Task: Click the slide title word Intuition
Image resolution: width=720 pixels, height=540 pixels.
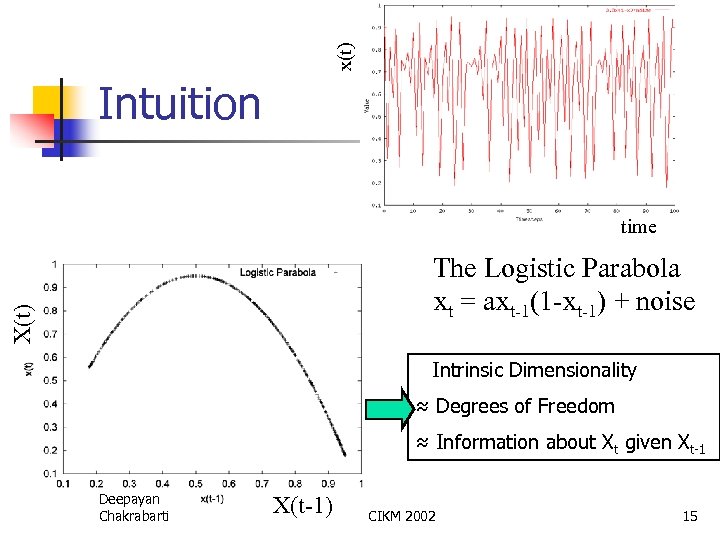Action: pos(180,103)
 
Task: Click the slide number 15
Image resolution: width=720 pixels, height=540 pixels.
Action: pos(689,516)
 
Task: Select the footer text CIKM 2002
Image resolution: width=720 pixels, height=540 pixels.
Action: pos(402,516)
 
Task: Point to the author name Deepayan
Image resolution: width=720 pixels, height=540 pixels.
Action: pos(129,499)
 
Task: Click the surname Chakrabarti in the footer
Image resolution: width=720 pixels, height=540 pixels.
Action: pos(134,516)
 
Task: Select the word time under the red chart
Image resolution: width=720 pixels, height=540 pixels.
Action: pos(638,227)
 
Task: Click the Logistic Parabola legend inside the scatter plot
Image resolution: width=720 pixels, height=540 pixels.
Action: pos(277,272)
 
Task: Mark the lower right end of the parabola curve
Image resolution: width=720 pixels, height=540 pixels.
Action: pos(345,455)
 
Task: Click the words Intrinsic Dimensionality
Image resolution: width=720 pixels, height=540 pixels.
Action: pos(534,370)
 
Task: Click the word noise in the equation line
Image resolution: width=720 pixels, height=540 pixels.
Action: pos(659,300)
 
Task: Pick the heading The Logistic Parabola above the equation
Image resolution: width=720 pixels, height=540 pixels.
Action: pos(556,268)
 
